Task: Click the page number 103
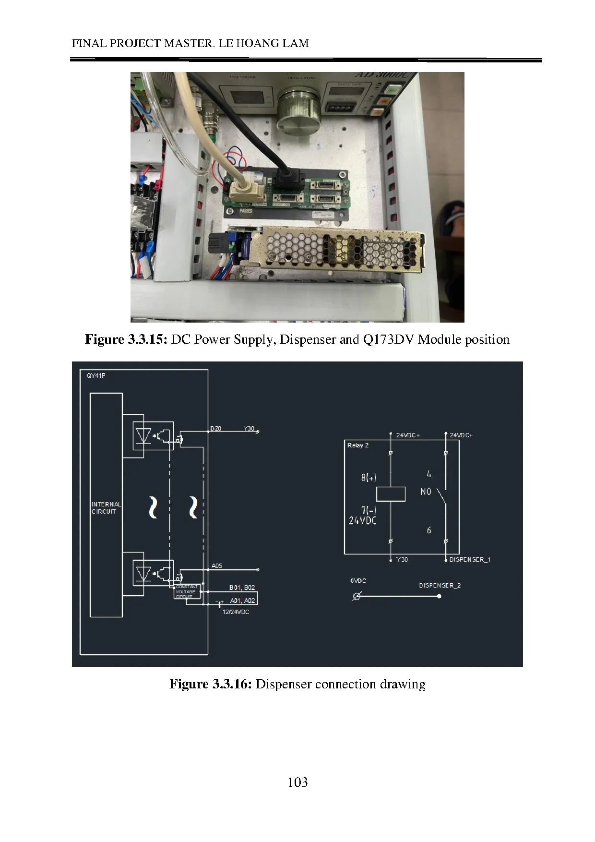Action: point(297,782)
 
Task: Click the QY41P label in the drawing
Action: point(96,376)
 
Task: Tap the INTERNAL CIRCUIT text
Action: point(106,508)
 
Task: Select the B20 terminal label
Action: point(216,428)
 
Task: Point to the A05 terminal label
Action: point(217,566)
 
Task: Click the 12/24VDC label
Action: point(236,612)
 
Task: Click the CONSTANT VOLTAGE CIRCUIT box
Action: point(187,591)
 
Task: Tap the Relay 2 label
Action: point(358,445)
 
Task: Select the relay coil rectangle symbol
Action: point(391,494)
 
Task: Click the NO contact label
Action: point(426,492)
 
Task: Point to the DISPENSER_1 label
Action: point(470,560)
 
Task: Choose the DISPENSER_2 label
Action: point(440,586)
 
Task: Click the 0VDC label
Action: point(358,581)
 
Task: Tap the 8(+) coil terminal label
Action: point(369,478)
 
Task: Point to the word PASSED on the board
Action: point(246,211)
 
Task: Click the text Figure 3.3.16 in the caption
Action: point(210,684)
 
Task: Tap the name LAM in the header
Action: point(296,43)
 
